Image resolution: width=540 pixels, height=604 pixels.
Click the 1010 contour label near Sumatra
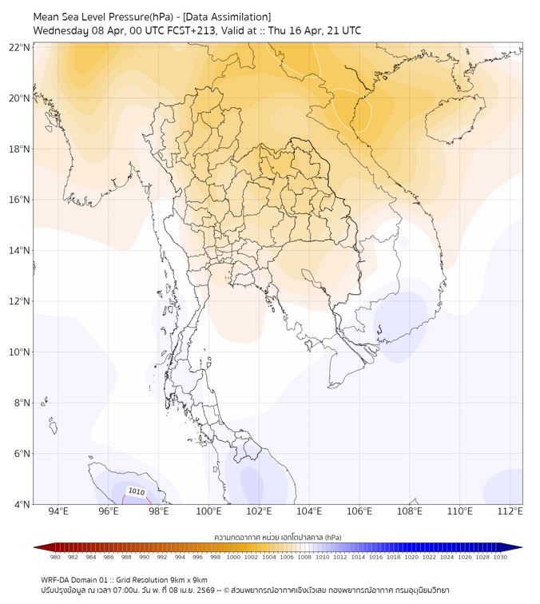[x=137, y=492]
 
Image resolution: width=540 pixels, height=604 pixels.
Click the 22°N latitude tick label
[x=20, y=47]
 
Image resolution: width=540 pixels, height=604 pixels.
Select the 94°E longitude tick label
[x=58, y=512]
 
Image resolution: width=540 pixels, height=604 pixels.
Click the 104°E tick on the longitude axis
[x=309, y=512]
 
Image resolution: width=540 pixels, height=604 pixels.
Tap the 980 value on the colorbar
[x=55, y=557]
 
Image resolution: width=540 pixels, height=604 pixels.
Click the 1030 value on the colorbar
[x=500, y=557]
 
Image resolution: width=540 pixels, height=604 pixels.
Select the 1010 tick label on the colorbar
[x=322, y=557]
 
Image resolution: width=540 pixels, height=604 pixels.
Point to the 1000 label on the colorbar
[x=233, y=557]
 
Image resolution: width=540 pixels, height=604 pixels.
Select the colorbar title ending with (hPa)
[x=278, y=537]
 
